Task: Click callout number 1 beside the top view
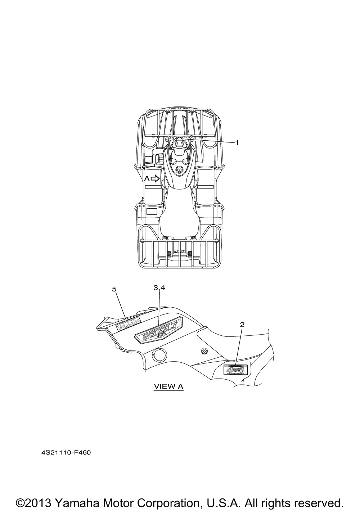pyautogui.click(x=237, y=142)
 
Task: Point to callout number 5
pyautogui.click(x=114, y=289)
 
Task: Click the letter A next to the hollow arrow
pyautogui.click(x=147, y=179)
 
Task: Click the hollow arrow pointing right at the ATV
pyautogui.click(x=156, y=179)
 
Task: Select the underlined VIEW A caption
pyautogui.click(x=168, y=386)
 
